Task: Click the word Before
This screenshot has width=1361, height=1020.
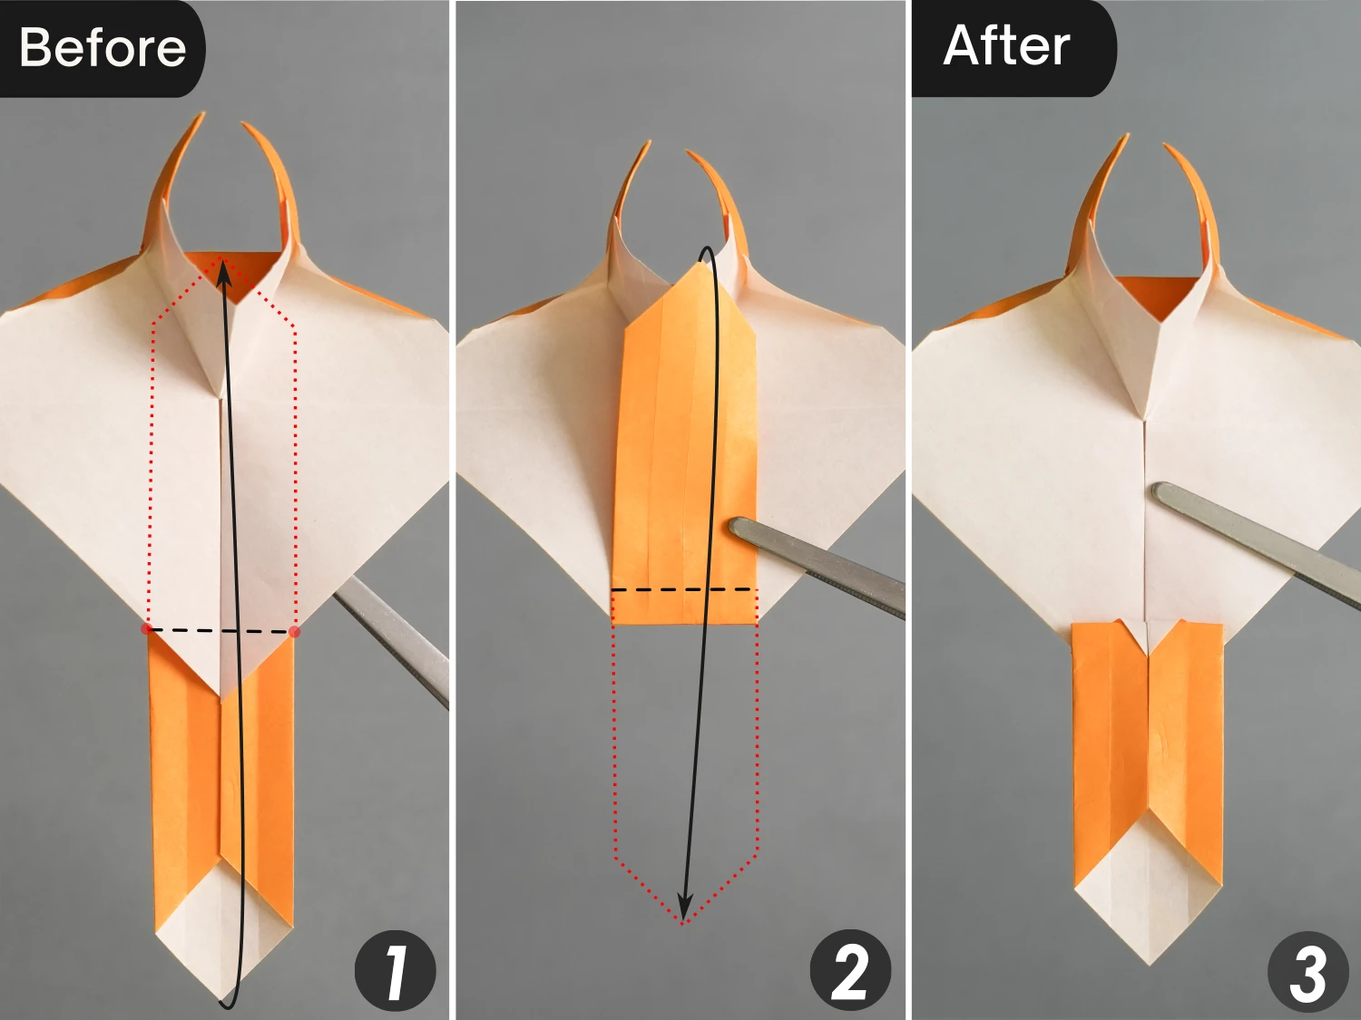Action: (102, 47)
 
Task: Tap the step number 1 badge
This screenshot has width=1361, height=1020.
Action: (395, 971)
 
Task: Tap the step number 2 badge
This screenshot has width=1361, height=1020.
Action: (850, 971)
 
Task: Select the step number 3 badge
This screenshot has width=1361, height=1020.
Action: (1307, 973)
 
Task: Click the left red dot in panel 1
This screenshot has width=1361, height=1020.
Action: (147, 629)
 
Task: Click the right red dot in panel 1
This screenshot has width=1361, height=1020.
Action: (295, 631)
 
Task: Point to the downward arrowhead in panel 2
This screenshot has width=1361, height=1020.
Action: (685, 908)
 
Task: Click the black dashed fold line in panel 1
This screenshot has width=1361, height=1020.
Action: (220, 630)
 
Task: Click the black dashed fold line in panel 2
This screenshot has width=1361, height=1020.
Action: (684, 590)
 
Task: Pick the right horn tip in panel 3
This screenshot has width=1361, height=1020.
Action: (1166, 145)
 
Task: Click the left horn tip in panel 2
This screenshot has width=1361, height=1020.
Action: (648, 142)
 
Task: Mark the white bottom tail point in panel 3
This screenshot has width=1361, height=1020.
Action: (1149, 961)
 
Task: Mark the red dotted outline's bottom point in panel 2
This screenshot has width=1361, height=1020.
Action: (683, 922)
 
